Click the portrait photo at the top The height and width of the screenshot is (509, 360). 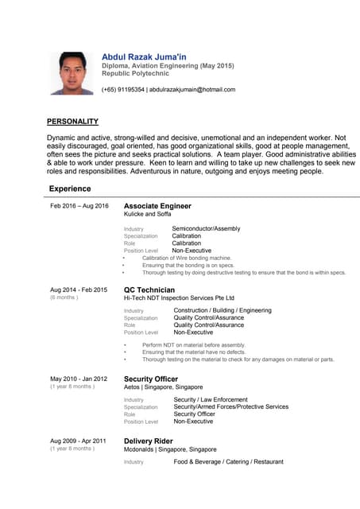(71, 73)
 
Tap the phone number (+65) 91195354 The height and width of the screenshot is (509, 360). (122, 90)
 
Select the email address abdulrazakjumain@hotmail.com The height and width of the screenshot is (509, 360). (192, 90)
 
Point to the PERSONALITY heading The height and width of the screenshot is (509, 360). (72, 122)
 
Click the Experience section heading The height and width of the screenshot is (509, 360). (70, 188)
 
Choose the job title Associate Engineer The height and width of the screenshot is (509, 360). (157, 206)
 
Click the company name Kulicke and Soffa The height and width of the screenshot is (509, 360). (147, 214)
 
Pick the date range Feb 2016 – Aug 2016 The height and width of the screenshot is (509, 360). (79, 206)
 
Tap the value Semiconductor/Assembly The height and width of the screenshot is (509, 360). (206, 229)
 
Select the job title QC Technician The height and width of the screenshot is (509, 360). (149, 289)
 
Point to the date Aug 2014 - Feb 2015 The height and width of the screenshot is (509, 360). (79, 290)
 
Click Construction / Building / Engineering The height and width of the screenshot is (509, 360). (223, 311)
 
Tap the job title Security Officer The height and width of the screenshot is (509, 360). (151, 379)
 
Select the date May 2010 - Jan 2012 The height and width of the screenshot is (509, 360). (79, 379)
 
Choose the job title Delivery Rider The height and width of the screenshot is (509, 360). (149, 441)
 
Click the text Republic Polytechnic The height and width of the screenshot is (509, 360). (135, 73)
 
